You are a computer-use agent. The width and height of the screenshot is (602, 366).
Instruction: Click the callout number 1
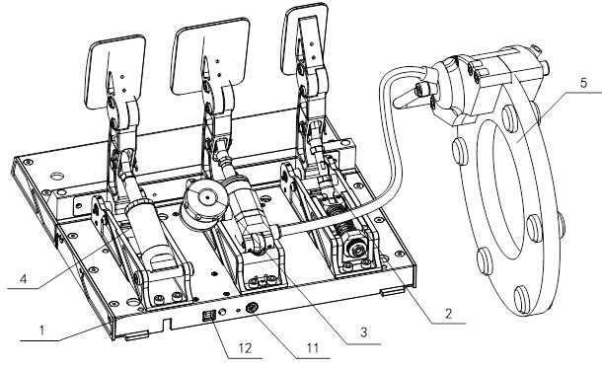[42, 329]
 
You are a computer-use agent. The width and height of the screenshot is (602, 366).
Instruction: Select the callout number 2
[448, 314]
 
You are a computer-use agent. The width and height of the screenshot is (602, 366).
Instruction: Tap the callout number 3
[363, 331]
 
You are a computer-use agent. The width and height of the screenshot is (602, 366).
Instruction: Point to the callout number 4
[23, 279]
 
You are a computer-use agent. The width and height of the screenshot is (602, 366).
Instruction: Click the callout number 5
[583, 83]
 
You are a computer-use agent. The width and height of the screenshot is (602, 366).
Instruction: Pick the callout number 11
[313, 348]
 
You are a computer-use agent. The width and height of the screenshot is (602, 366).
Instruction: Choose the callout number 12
[245, 348]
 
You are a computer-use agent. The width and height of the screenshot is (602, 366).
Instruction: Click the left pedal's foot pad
[115, 71]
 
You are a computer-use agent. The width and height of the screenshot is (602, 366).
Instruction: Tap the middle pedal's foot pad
[210, 55]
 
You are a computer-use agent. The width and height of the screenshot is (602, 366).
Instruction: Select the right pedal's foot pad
[305, 38]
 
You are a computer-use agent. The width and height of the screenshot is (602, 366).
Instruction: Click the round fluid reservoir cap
[207, 198]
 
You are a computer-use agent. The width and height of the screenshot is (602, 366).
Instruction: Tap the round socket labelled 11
[252, 308]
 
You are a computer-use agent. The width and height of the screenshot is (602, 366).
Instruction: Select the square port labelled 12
[208, 316]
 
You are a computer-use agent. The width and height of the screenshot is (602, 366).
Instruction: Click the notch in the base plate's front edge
[167, 323]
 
